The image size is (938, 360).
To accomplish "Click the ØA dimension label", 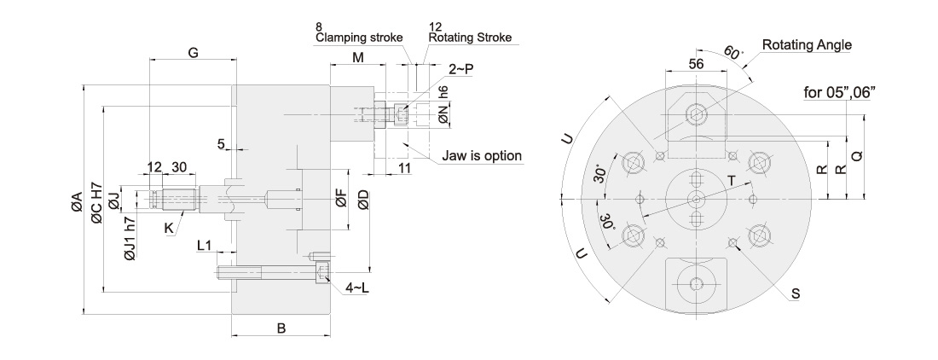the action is coord(76,203).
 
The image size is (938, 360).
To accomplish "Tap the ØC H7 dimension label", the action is coord(97,203).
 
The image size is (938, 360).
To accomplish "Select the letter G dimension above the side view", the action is coord(194,53).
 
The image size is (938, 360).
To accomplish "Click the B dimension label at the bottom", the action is coord(281,328).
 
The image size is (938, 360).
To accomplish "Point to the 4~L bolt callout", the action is coord(357,288).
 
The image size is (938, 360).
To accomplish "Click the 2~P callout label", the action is coord(461,70).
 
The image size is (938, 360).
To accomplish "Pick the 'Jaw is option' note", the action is coord(482,156).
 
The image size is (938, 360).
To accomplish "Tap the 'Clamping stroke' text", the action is coord(359,38).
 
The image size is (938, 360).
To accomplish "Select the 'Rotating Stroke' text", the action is coord(470,38).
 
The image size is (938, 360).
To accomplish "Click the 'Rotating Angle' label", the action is coord(807,45).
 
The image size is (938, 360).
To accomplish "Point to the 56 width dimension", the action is coord(696,64).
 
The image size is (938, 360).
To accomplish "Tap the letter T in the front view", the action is coord(731,179).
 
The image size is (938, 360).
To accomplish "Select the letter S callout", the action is coord(796,293).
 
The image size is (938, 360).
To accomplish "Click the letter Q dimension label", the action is coord(857,156).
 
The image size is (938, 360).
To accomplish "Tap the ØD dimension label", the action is coord(363,202).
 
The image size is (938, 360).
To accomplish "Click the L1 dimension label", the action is coord(204,245).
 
